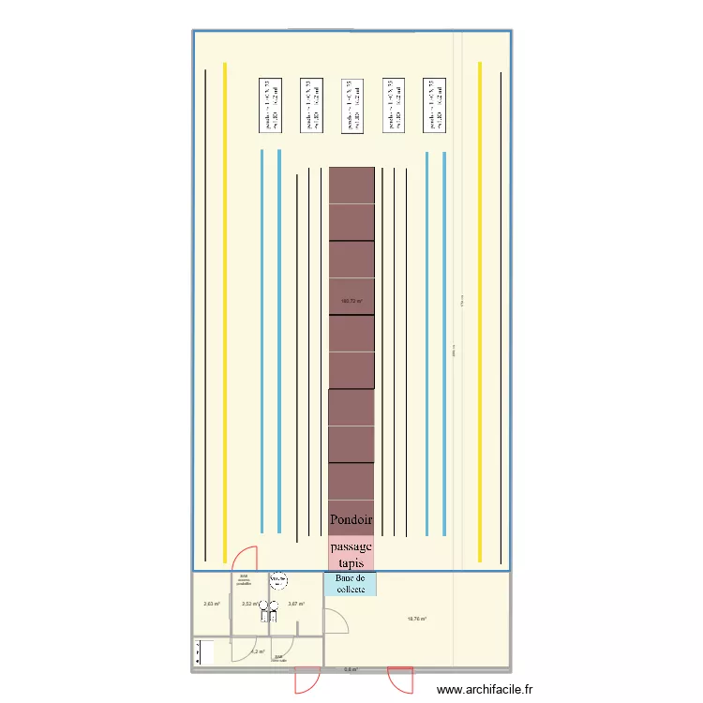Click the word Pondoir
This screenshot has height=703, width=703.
(351, 519)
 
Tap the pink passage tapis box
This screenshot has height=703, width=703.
(351, 553)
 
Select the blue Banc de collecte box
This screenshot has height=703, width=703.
(351, 584)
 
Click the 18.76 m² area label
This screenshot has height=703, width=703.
(417, 619)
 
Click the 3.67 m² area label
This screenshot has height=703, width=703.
(296, 604)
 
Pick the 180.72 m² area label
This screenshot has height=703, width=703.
(351, 301)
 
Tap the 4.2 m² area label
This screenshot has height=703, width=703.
(257, 651)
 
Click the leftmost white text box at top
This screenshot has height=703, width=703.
(271, 104)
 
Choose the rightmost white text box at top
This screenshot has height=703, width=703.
(434, 104)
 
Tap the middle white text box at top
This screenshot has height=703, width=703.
(352, 104)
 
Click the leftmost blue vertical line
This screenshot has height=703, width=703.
(262, 341)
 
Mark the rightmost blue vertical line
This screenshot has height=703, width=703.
(444, 343)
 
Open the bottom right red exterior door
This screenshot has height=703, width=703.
(400, 679)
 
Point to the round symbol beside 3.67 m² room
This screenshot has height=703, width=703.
(277, 581)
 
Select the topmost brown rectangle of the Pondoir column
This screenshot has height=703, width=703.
(351, 185)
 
